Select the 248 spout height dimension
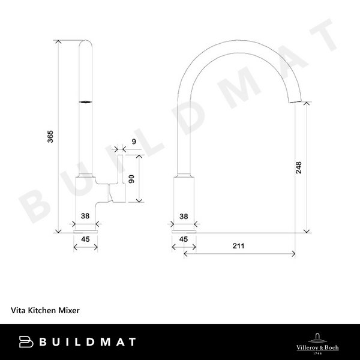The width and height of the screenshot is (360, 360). click(x=299, y=167)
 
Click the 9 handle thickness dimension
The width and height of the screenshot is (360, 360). click(x=133, y=142)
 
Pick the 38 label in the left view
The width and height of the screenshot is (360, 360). click(x=85, y=216)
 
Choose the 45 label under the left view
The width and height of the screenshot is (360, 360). click(x=85, y=239)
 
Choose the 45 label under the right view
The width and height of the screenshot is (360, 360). click(x=184, y=239)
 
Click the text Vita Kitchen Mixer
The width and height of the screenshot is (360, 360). click(x=45, y=311)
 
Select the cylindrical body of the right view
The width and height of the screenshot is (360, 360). click(x=184, y=198)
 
